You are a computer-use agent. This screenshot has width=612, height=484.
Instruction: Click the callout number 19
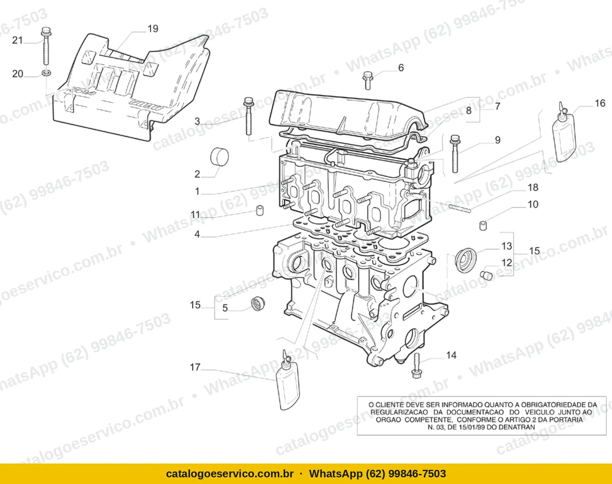click(152, 29)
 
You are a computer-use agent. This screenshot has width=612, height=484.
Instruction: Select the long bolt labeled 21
click(46, 46)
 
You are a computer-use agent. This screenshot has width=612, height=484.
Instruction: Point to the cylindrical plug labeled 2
click(219, 157)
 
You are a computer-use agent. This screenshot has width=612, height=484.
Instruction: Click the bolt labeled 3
click(248, 116)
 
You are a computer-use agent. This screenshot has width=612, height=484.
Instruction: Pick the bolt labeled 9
click(455, 154)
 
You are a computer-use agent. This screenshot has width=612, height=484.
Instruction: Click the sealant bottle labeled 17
click(288, 380)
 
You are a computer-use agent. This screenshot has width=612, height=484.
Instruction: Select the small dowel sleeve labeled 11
click(260, 210)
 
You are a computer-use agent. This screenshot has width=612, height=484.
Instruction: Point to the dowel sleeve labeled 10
click(483, 225)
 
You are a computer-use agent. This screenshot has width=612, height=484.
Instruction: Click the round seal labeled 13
click(466, 260)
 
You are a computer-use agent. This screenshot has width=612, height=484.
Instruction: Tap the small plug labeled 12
click(486, 275)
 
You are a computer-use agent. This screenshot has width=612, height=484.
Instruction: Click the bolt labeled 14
click(416, 365)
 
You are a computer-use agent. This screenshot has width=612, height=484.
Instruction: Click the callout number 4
click(197, 234)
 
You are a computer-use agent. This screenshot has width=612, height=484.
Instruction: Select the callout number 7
click(497, 107)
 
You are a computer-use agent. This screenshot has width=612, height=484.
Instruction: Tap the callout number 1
click(197, 191)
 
